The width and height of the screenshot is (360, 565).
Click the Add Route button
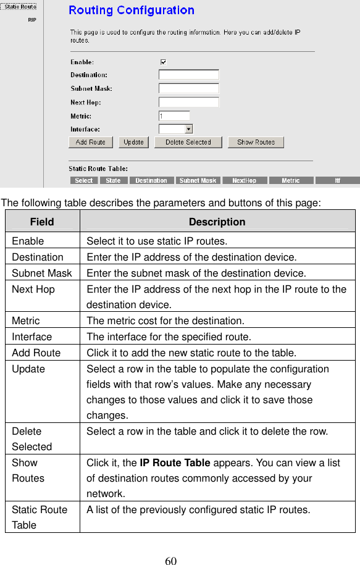pyautogui.click(x=90, y=142)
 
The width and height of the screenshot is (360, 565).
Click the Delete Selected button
pyautogui.click(x=188, y=142)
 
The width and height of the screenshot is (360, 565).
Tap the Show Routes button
pyautogui.click(x=256, y=142)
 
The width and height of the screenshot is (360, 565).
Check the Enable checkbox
pyautogui.click(x=163, y=62)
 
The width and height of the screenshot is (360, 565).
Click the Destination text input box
pyautogui.click(x=188, y=75)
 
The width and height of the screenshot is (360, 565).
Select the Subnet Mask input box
pyautogui.click(x=188, y=88)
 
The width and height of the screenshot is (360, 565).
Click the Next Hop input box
pyautogui.click(x=188, y=102)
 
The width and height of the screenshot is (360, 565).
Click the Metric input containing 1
pyautogui.click(x=174, y=115)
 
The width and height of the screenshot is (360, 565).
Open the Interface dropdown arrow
pyautogui.click(x=188, y=129)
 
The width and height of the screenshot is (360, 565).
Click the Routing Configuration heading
pyautogui.click(x=132, y=10)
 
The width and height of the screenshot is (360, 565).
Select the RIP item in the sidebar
pyautogui.click(x=31, y=19)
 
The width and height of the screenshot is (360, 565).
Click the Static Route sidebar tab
pyautogui.click(x=20, y=6)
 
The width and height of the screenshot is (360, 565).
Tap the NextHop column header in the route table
pyautogui.click(x=244, y=180)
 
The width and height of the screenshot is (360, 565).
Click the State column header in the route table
pyautogui.click(x=113, y=180)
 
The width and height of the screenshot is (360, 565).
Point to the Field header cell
pyautogui.click(x=42, y=222)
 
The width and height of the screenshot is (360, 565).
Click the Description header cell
pyautogui.click(x=217, y=222)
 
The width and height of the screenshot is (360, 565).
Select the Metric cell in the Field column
pyautogui.click(x=26, y=320)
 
